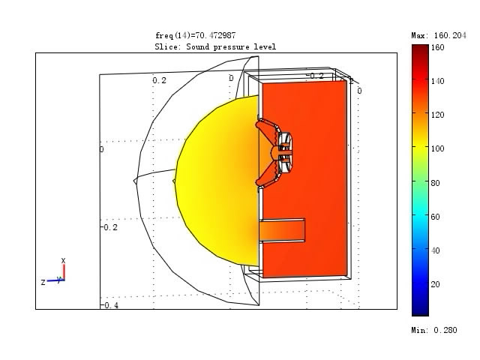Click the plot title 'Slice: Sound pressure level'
pos(215,46)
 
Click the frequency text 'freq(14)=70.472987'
pos(195,35)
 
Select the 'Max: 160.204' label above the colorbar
pos(439,35)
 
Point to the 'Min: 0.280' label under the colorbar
pos(434,330)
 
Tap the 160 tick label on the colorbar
pos(437,47)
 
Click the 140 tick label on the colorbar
pos(437,81)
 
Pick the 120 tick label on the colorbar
pos(437,115)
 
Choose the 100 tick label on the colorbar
pos(437,148)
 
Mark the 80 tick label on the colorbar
pos(435,183)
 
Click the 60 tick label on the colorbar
pos(435,217)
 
